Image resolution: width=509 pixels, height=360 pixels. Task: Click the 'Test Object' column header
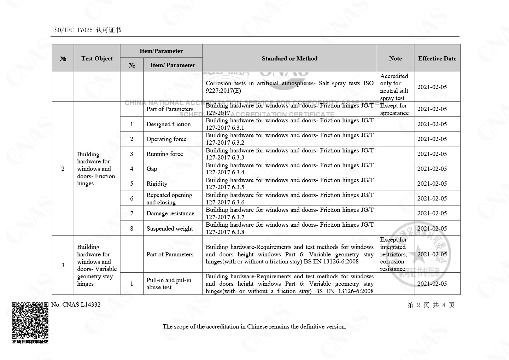tap(97, 58)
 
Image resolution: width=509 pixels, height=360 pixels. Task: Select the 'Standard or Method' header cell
tap(289, 58)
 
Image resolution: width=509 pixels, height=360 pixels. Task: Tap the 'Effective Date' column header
tap(437, 58)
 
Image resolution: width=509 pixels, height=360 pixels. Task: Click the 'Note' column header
tap(395, 58)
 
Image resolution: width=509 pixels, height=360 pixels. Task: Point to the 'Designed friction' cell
tap(169, 124)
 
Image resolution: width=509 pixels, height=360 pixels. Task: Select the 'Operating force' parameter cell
tap(166, 139)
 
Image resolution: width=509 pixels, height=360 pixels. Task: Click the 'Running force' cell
tap(165, 154)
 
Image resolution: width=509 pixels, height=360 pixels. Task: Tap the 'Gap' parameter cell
tap(152, 169)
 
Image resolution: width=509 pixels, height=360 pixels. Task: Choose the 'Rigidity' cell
tap(157, 184)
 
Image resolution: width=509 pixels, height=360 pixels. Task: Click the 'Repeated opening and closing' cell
tap(169, 198)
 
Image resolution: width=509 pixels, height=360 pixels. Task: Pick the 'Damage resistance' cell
tap(170, 213)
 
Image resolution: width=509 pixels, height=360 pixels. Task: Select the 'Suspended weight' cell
tap(170, 228)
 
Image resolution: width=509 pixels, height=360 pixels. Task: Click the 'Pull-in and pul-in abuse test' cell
tap(169, 284)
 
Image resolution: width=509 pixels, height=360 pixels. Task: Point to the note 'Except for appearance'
tap(394, 109)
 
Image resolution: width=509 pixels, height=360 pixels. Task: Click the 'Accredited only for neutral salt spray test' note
tap(394, 87)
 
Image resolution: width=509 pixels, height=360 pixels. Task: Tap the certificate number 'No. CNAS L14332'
tap(76, 304)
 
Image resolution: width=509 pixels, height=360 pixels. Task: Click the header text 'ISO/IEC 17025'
tap(72, 30)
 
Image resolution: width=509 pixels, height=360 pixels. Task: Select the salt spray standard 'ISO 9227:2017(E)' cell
tap(289, 87)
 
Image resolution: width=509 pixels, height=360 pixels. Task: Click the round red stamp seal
tap(421, 254)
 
